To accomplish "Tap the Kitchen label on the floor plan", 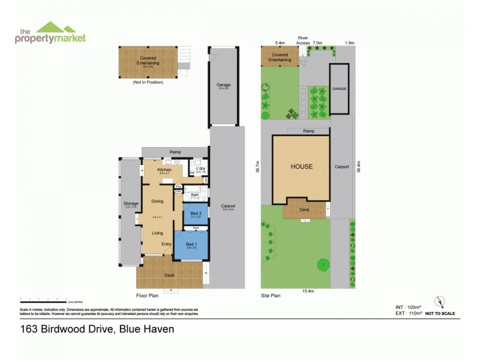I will pos(164,170).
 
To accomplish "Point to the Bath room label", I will pos(195,195).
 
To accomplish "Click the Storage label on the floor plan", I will pos(131,204).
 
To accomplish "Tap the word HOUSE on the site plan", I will pos(302,167).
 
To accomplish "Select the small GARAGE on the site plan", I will pos(340,89).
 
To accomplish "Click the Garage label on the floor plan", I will pos(224,85).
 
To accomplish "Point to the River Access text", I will pos(304,40).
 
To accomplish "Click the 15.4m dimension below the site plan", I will pos(308,291).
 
